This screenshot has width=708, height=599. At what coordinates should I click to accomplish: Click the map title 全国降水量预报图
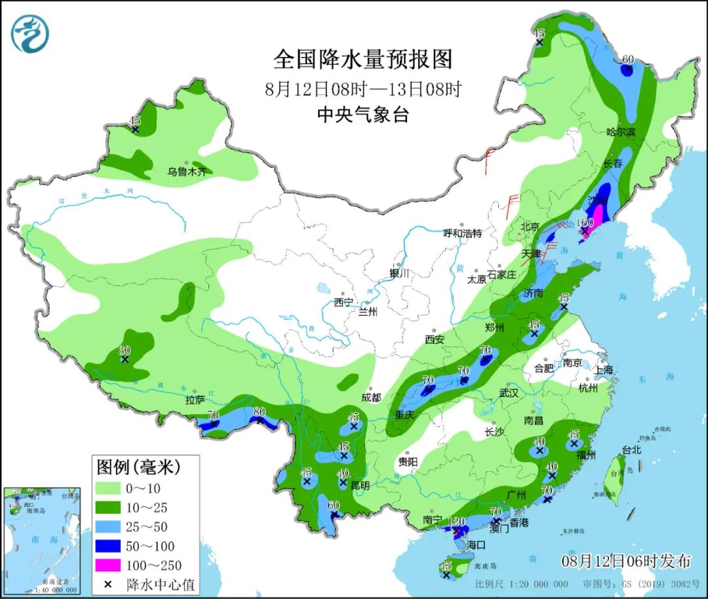(363, 60)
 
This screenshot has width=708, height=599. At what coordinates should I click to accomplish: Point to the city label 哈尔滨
(621, 132)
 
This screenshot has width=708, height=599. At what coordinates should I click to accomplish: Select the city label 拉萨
(196, 399)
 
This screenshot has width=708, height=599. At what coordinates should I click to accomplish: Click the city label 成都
(370, 397)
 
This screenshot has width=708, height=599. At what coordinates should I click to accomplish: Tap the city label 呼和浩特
(462, 233)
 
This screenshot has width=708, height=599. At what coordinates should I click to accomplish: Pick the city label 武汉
(509, 393)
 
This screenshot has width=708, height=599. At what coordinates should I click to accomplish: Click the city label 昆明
(360, 486)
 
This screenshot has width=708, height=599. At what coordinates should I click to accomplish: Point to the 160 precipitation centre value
(584, 223)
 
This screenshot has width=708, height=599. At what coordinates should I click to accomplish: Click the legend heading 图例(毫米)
(138, 467)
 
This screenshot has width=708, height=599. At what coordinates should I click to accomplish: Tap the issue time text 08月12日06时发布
(626, 562)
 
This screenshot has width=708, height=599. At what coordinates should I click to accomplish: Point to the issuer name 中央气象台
(363, 115)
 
